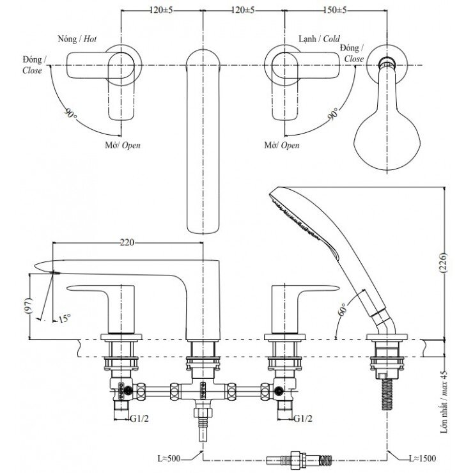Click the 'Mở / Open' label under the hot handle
[123, 145]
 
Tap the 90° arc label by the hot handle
[69, 115]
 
